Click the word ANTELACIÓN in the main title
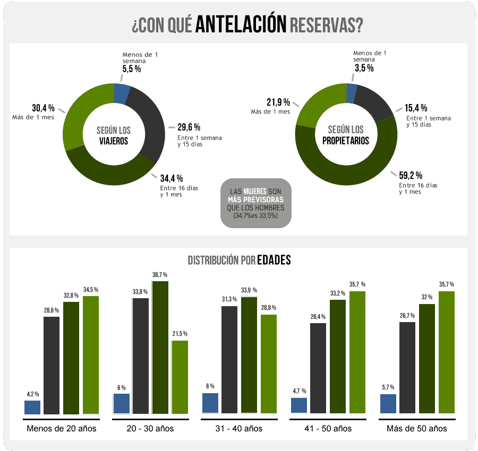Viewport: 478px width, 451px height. [x=241, y=25]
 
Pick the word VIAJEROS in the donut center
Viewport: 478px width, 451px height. [x=113, y=141]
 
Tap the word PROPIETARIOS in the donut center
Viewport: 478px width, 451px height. [x=346, y=141]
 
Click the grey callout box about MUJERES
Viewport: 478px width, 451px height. [x=255, y=203]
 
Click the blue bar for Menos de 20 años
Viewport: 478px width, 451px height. [x=32, y=407]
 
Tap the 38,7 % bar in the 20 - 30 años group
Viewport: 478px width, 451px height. [x=160, y=347]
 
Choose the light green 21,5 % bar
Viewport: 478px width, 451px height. [x=180, y=377]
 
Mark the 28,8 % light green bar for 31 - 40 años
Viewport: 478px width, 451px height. [x=269, y=364]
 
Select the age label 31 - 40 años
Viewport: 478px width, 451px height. [x=236, y=428]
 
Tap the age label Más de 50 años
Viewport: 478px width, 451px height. [x=416, y=428]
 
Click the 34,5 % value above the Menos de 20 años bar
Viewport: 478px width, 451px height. [x=91, y=290]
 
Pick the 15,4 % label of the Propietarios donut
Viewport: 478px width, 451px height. [x=416, y=108]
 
